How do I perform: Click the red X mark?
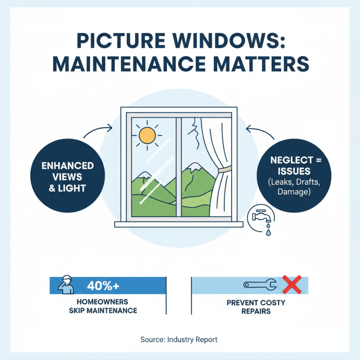pos(291,284)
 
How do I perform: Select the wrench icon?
pos(261,284)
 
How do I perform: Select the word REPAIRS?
pos(255,311)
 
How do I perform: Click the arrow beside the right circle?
pos(259,130)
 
